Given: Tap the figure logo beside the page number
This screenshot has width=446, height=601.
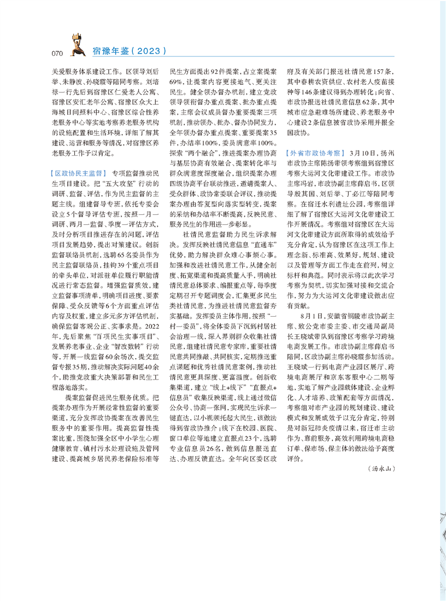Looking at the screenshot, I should [75, 45].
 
